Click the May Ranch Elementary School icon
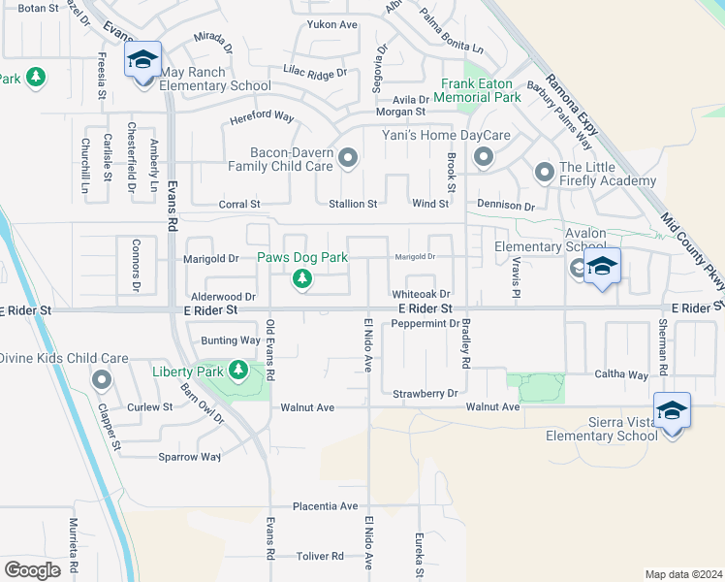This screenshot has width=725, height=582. (142, 61)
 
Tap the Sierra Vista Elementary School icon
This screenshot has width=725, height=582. (672, 410)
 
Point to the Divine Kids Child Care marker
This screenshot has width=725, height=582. (102, 380)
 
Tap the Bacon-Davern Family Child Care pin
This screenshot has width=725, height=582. (348, 157)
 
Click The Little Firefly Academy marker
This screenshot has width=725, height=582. (544, 173)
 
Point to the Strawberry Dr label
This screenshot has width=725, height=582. (425, 394)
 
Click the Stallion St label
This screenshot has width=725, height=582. (352, 205)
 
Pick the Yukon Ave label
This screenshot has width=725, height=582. (332, 24)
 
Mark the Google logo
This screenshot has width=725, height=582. (32, 570)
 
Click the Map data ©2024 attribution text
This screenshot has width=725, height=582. (683, 574)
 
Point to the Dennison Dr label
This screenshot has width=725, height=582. (506, 206)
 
